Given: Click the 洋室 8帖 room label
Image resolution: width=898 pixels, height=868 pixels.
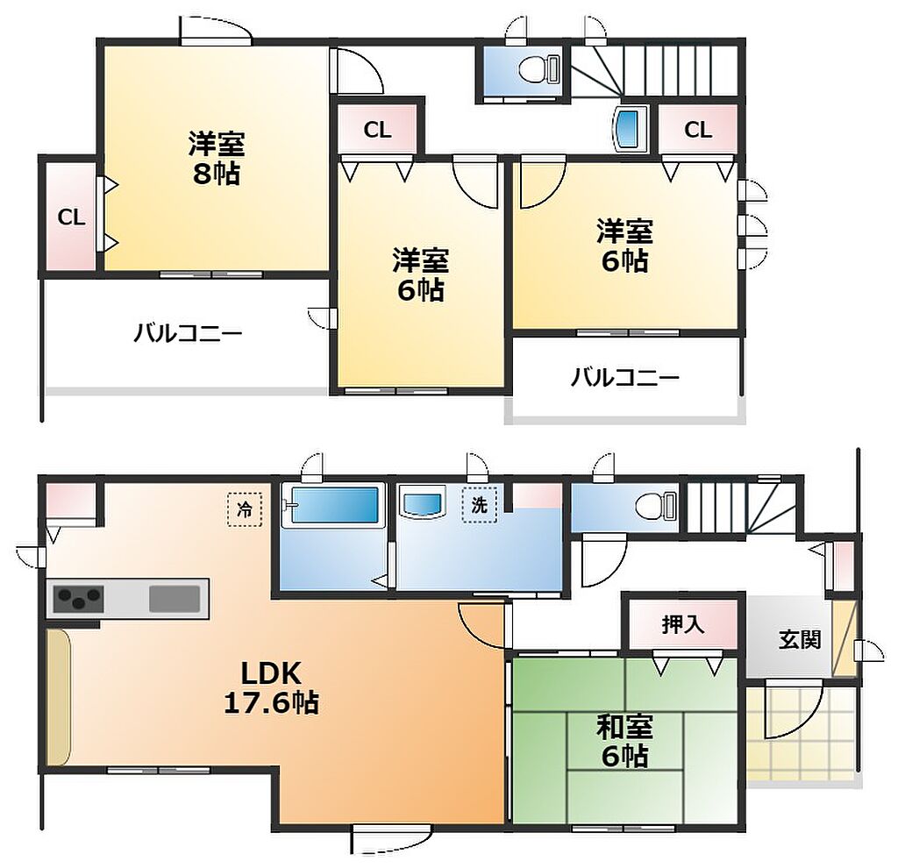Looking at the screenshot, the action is (x=217, y=158).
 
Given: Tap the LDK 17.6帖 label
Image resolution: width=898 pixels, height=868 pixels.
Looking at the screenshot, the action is (x=271, y=687).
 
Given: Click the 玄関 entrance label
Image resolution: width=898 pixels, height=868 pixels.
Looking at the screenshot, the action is (x=800, y=639).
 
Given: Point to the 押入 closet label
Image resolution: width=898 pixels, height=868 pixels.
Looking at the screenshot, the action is (x=682, y=624).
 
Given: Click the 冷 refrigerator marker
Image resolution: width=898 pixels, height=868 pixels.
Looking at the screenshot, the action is (x=245, y=509).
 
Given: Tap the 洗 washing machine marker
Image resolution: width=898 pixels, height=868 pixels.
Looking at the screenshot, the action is (x=480, y=505).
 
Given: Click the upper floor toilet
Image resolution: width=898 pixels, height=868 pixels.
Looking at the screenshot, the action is (x=539, y=69).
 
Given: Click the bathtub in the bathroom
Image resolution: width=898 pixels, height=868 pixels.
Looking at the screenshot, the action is (x=335, y=504).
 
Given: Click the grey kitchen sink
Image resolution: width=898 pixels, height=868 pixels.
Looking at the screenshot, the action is (x=175, y=599).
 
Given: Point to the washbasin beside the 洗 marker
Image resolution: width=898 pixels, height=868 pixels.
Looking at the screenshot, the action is (x=424, y=502).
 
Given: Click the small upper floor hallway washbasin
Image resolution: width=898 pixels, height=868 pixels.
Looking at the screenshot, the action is (x=630, y=128).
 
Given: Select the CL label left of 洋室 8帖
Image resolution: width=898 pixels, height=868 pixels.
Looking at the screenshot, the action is (x=71, y=217).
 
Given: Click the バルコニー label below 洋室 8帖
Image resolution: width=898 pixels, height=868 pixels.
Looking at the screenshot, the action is (x=188, y=332).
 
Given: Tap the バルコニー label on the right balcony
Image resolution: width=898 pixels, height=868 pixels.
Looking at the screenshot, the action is (x=624, y=377).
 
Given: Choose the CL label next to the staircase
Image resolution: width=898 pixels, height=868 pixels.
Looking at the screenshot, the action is (x=697, y=130).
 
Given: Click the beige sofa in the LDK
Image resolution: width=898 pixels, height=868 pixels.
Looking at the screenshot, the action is (x=59, y=697).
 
